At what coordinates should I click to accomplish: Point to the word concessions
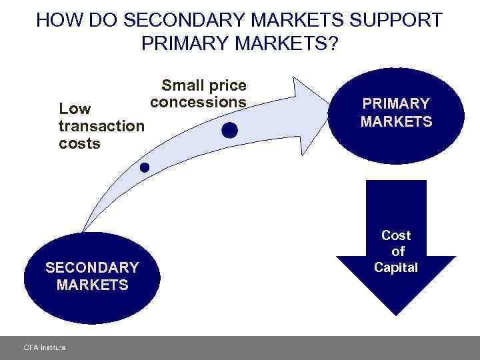point(199,102)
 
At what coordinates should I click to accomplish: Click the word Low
point(75,109)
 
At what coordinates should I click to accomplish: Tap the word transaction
point(101,126)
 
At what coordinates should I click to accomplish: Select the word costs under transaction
point(79,143)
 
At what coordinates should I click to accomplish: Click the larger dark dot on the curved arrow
point(229,131)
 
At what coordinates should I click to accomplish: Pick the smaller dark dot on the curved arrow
point(144,167)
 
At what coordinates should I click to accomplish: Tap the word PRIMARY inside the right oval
point(396,105)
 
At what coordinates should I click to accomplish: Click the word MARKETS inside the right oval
point(396,121)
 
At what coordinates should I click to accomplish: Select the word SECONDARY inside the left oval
point(92,268)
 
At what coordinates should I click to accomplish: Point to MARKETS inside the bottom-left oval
point(92,285)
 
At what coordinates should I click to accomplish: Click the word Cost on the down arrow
point(396,235)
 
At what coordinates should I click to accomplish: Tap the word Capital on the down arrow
point(396,267)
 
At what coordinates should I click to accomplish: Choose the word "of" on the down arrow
point(397,251)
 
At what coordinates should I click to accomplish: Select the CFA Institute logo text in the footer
point(45,347)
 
